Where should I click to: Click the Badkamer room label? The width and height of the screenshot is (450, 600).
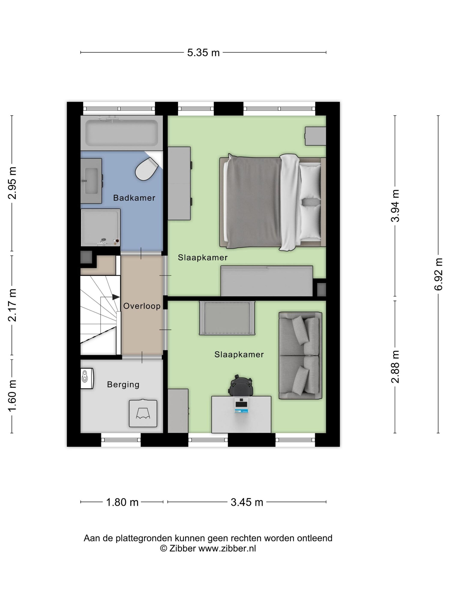click(134, 198)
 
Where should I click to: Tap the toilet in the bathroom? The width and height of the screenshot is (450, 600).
click(147, 169)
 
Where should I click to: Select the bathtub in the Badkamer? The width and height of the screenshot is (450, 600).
click(121, 133)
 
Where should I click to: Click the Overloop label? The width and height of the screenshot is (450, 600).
click(142, 306)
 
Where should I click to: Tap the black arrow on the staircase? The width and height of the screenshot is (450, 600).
click(116, 297)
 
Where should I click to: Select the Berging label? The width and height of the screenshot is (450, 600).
click(123, 384)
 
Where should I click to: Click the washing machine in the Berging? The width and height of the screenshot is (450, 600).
click(143, 413)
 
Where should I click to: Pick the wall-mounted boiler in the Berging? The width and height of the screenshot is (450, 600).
click(87, 378)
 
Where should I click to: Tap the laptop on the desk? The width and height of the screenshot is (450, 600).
click(241, 405)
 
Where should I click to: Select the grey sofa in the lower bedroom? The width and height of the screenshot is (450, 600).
click(300, 355)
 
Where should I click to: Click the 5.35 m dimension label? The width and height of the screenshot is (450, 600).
click(203, 53)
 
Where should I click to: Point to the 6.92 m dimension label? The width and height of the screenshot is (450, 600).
click(439, 274)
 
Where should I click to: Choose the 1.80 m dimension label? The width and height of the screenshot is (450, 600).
click(122, 502)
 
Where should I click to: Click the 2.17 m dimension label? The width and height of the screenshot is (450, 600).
click(12, 305)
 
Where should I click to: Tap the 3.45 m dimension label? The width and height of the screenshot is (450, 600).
click(247, 502)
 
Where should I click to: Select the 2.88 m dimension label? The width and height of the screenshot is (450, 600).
click(395, 367)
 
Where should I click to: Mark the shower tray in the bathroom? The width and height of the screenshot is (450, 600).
click(100, 227)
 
